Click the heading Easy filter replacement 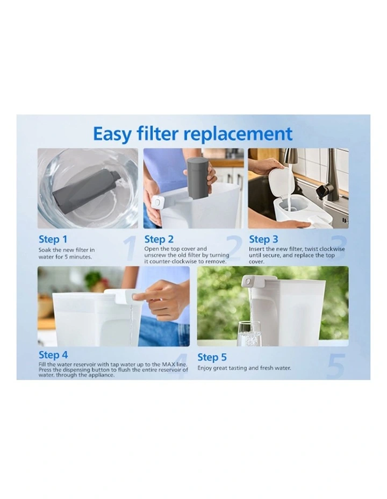pos(193,134)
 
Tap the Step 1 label pos(53,239)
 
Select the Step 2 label pos(159,239)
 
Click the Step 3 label pos(263,239)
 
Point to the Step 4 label pos(53,354)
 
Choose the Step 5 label pos(212,357)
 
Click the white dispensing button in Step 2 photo pos(157,202)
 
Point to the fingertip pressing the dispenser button pos(135,297)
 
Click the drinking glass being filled pos(249,333)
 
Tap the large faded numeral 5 pos(335,366)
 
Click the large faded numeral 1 pos(129,248)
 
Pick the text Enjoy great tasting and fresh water pos(244,368)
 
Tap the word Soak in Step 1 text pos(45,250)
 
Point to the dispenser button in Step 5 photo pos(247,281)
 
